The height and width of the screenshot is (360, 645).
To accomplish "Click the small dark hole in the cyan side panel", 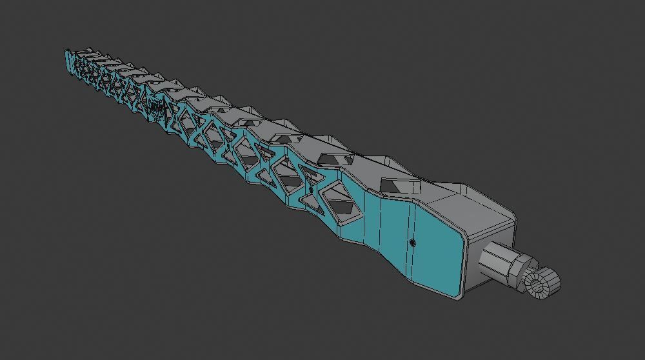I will point(413,243).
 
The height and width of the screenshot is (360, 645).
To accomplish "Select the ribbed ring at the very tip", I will point(542,282).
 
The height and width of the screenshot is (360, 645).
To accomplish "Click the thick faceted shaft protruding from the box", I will point(496,264).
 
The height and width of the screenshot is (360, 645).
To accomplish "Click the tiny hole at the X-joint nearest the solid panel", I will point(313,192).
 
